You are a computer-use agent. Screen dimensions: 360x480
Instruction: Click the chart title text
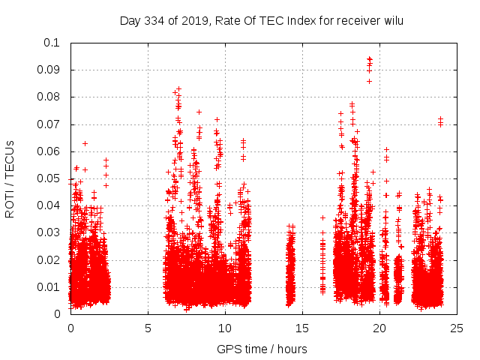pyautogui.click(x=262, y=20)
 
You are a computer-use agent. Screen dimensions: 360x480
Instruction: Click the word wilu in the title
pyautogui.click(x=391, y=20)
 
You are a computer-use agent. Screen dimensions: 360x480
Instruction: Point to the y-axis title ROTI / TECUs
pyautogui.click(x=10, y=178)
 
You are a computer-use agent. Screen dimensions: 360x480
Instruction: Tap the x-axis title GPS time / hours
pyautogui.click(x=262, y=349)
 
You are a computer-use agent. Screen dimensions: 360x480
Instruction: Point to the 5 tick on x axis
pyautogui.click(x=148, y=328)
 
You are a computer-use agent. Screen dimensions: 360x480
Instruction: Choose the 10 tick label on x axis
pyautogui.click(x=225, y=328)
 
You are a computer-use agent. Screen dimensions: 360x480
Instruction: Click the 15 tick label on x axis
pyautogui.click(x=302, y=328)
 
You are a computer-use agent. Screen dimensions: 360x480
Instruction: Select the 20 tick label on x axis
pyautogui.click(x=379, y=328)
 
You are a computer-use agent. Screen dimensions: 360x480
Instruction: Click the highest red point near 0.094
pyautogui.click(x=369, y=58)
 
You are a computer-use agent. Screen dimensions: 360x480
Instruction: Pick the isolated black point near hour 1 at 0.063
pyautogui.click(x=85, y=143)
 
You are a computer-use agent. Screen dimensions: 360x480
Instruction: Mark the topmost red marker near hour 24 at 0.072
pyautogui.click(x=440, y=118)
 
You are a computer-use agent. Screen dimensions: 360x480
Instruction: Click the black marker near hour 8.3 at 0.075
pyautogui.click(x=199, y=112)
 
